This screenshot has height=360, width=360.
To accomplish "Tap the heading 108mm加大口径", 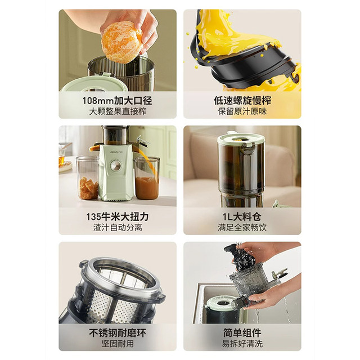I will click(x=117, y=101).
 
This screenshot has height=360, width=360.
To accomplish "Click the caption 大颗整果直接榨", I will click(x=117, y=111).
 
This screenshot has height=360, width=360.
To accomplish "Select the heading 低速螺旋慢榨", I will click(x=242, y=101).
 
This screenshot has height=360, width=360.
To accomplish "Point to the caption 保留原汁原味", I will click(x=242, y=111).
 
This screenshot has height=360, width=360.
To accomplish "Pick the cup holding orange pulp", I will click(x=88, y=179).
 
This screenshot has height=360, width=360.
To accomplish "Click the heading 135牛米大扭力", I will click(x=117, y=217).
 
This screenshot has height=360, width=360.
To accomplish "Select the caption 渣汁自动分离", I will click(x=117, y=228).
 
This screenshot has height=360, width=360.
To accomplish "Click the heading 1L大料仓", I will click(x=242, y=217).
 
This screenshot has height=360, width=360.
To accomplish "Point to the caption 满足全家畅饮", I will click(x=242, y=228).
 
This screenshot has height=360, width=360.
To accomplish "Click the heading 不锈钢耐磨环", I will click(x=117, y=333).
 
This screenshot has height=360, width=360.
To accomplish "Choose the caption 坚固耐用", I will click(x=117, y=344).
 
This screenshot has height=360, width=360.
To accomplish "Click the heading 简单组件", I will click(x=242, y=333).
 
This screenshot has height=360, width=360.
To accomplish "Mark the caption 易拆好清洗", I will click(x=242, y=344).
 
